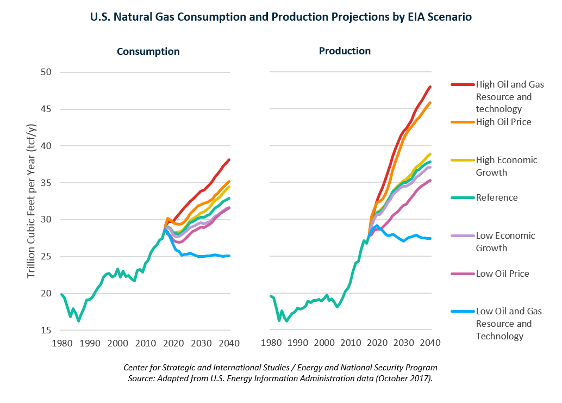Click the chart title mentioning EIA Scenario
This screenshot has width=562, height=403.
click(x=280, y=17)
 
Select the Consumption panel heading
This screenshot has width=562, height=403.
click(x=148, y=52)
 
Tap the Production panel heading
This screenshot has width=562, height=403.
click(x=345, y=51)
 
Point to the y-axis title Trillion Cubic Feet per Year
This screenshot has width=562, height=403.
click(x=32, y=201)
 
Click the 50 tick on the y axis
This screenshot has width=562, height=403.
click(x=46, y=72)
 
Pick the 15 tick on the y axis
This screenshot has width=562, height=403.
click(x=46, y=330)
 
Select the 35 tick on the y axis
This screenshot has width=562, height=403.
click(x=46, y=183)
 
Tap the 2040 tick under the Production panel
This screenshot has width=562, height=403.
click(x=430, y=343)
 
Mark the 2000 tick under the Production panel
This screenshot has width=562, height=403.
click(x=324, y=343)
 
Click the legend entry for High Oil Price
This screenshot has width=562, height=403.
click(x=503, y=122)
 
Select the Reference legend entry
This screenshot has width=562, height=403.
click(x=497, y=197)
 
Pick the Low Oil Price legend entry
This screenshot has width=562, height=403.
click(x=502, y=274)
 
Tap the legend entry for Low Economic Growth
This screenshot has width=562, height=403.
click(x=505, y=241)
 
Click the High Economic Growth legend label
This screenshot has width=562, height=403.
click(x=506, y=166)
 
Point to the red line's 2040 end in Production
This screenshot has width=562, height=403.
click(x=430, y=86)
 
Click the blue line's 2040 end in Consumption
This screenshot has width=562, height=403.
click(x=229, y=256)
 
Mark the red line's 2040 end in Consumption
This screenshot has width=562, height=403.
click(x=229, y=159)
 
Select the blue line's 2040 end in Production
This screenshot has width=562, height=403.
click(x=430, y=238)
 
